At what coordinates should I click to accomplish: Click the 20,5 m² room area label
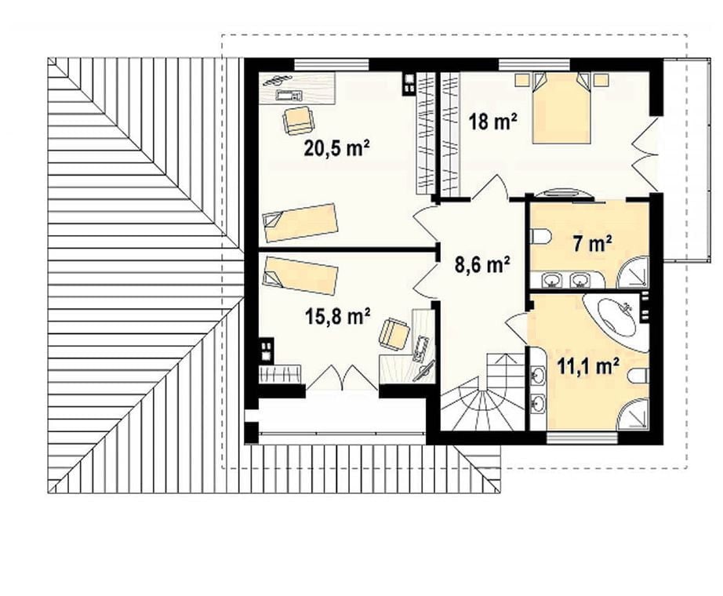(x=336, y=148)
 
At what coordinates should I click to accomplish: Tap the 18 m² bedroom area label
(x=492, y=122)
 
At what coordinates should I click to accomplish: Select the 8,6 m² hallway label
(x=482, y=265)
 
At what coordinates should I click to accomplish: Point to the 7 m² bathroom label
(x=592, y=243)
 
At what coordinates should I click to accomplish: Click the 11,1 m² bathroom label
(x=587, y=367)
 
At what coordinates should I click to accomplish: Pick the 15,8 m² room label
(x=337, y=317)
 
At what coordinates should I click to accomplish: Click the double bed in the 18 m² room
(x=561, y=107)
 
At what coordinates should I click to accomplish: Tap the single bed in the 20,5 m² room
(x=300, y=223)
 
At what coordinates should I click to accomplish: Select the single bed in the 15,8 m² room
(x=300, y=276)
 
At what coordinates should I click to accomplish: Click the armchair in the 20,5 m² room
(x=299, y=121)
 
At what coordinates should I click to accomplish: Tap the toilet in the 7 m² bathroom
(x=540, y=237)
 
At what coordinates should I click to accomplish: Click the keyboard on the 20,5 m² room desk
(x=289, y=96)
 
